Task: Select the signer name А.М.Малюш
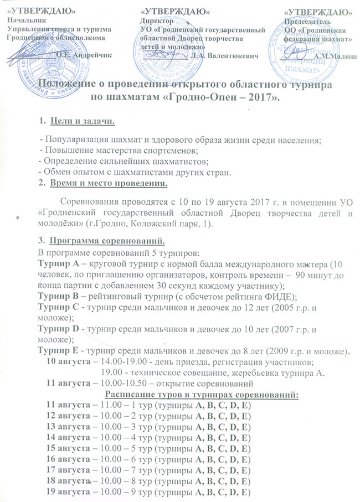tap(335, 55)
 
